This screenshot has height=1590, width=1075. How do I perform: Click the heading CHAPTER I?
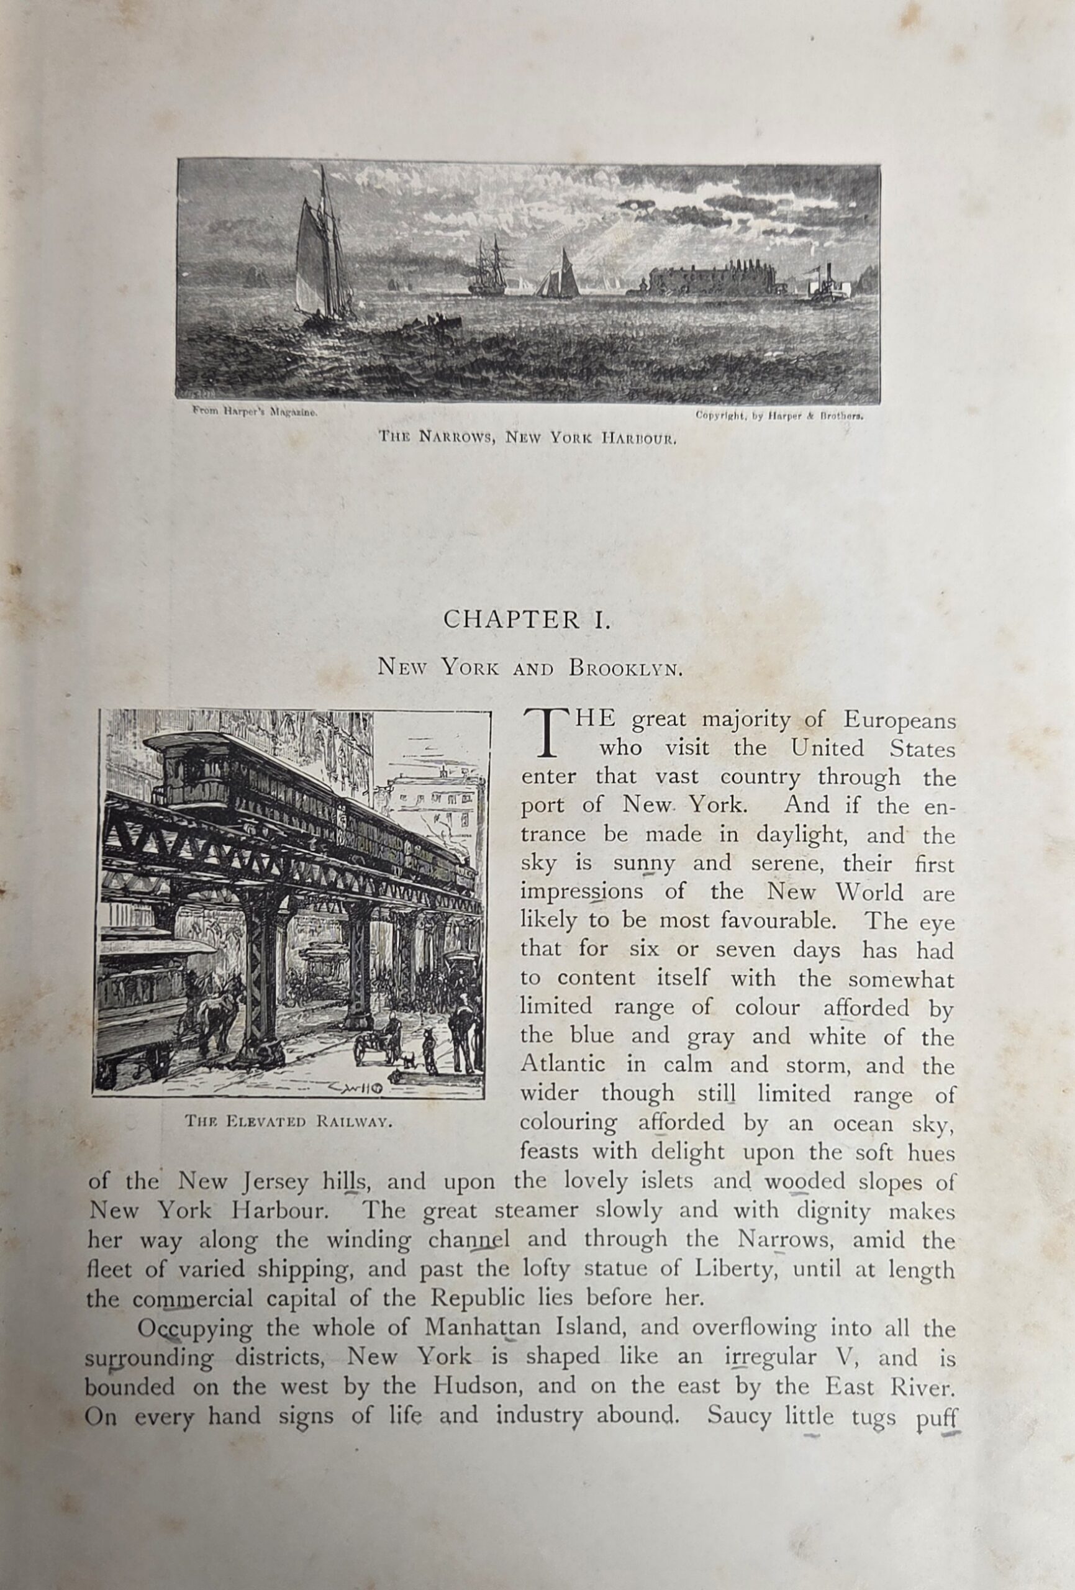[525, 619]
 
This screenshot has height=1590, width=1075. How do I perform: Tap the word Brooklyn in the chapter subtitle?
[625, 668]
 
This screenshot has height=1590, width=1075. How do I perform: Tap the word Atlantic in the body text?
[563, 1065]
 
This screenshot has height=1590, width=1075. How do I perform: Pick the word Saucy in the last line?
[738, 1414]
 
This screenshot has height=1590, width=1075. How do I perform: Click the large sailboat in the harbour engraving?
[322, 257]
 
